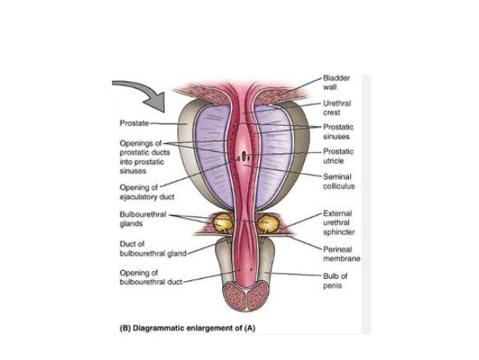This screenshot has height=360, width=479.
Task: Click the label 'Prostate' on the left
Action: (134, 122)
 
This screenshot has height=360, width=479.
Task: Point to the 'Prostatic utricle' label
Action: (338, 156)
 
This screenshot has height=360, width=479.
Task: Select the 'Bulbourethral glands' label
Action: (140, 219)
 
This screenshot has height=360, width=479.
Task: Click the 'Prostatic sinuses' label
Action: (338, 132)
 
